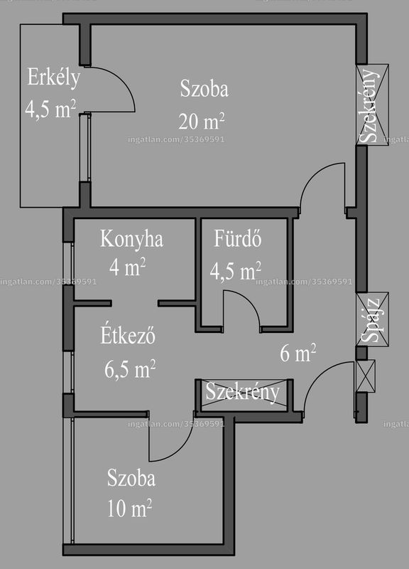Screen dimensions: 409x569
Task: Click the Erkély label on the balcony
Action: (54, 78)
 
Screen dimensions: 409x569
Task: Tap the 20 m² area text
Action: (202, 121)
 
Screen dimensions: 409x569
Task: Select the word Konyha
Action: (131, 240)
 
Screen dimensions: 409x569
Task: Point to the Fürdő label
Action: (238, 238)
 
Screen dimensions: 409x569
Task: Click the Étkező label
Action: (128, 335)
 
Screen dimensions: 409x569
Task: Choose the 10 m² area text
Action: (129, 507)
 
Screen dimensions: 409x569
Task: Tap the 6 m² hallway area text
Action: (298, 353)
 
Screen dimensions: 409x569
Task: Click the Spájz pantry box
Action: (372, 319)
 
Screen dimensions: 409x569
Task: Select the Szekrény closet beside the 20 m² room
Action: (372, 105)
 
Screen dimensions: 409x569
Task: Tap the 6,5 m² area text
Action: (130, 369)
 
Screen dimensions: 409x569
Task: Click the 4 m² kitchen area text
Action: (128, 267)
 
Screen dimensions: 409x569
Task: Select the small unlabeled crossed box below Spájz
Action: (366, 376)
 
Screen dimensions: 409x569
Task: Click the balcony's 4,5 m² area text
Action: (50, 109)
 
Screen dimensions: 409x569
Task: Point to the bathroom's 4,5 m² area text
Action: (236, 271)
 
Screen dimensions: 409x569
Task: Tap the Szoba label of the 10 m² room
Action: (131, 478)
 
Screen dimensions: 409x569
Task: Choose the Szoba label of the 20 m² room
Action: (204, 89)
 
